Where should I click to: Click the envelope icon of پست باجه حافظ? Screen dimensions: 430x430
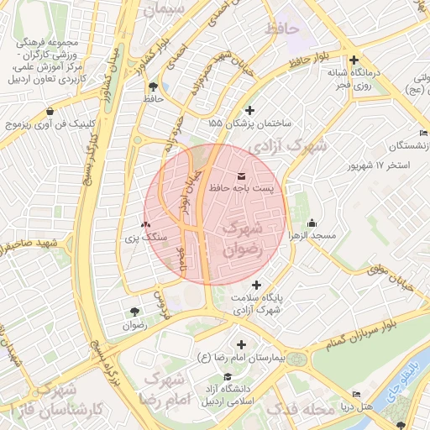243,176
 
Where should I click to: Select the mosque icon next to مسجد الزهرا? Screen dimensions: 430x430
312,223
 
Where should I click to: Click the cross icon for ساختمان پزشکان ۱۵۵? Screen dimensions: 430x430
249,110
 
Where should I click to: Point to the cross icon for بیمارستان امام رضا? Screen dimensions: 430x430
242,344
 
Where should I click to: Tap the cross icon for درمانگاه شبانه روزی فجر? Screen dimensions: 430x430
354,60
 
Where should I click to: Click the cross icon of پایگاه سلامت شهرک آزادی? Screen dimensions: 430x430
257,285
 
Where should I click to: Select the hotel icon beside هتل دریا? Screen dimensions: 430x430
356,394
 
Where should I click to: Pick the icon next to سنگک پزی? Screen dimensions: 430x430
146,224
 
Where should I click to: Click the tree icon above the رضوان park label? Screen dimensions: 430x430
134,312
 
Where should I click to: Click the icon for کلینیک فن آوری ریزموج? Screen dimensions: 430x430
51,111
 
